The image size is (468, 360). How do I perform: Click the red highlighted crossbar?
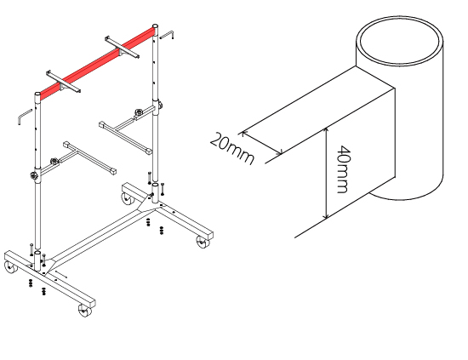click(x=97, y=63)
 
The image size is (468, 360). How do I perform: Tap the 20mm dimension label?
click(x=232, y=149)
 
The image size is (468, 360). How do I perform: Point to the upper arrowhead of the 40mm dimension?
click(x=327, y=130)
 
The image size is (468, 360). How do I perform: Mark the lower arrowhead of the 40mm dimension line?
click(x=327, y=215)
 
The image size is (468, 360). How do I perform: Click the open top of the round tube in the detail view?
click(x=400, y=40)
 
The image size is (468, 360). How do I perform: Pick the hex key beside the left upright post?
click(x=24, y=117)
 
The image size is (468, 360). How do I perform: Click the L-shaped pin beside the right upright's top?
click(x=167, y=35)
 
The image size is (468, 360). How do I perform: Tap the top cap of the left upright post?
click(x=37, y=94)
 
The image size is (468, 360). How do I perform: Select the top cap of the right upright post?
click(x=155, y=26)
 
